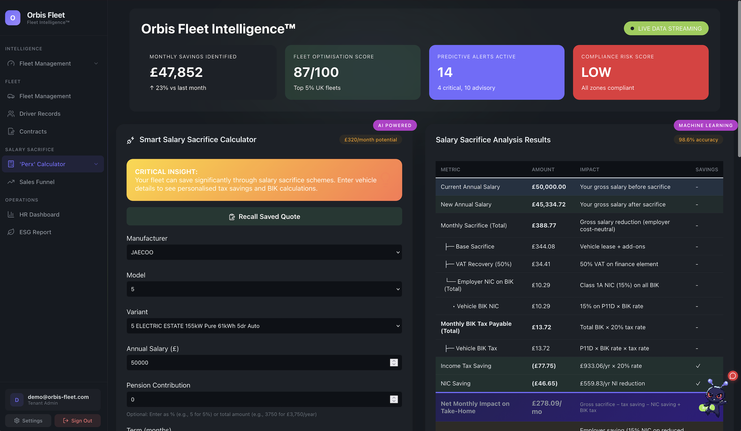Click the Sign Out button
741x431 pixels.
pyautogui.click(x=77, y=421)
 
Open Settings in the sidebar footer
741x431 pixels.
pyautogui.click(x=28, y=421)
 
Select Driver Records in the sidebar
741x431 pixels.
pyautogui.click(x=40, y=114)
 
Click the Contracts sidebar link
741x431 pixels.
pyautogui.click(x=33, y=131)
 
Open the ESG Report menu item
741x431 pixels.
pyautogui.click(x=35, y=232)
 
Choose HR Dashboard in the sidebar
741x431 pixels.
pyautogui.click(x=39, y=215)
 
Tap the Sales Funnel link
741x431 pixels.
pyautogui.click(x=37, y=182)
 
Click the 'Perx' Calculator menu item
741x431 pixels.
pyautogui.click(x=42, y=164)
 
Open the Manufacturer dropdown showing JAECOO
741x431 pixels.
pyautogui.click(x=264, y=252)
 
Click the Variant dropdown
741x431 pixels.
pyautogui.click(x=264, y=326)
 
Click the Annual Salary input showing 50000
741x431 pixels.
pyautogui.click(x=258, y=363)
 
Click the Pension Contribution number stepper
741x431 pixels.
pyautogui.click(x=394, y=400)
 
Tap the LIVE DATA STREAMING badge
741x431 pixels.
pyautogui.click(x=666, y=28)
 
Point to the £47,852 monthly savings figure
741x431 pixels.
pyautogui.click(x=176, y=72)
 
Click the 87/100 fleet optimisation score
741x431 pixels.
pyautogui.click(x=316, y=72)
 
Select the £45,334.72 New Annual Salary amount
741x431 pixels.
pyautogui.click(x=548, y=205)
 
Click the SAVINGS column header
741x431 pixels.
pyautogui.click(x=707, y=169)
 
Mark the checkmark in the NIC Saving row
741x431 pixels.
pyautogui.click(x=698, y=384)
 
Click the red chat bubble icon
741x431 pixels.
pyautogui.click(x=732, y=376)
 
